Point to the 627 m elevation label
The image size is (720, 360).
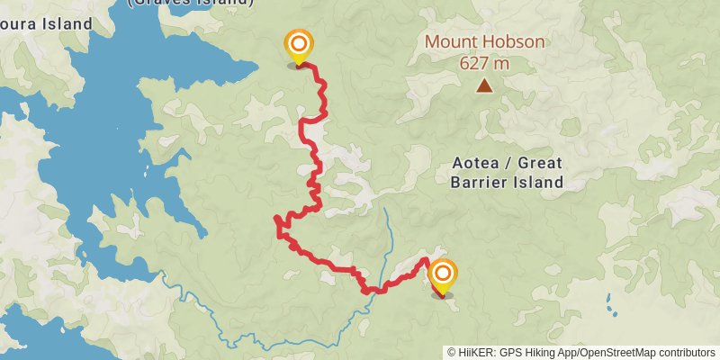tap(484, 63)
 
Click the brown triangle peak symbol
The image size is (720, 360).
tap(484, 86)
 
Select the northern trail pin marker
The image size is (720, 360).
tap(299, 45)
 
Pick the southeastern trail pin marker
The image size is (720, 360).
tap(442, 274)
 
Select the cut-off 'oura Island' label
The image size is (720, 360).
tap(45, 23)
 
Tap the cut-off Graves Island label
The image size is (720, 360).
tap(190, 3)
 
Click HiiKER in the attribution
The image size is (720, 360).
tap(476, 353)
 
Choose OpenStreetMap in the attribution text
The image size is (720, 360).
tap(615, 353)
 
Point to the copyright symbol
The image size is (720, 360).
tap(453, 353)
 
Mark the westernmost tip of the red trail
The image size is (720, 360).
tap(274, 219)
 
